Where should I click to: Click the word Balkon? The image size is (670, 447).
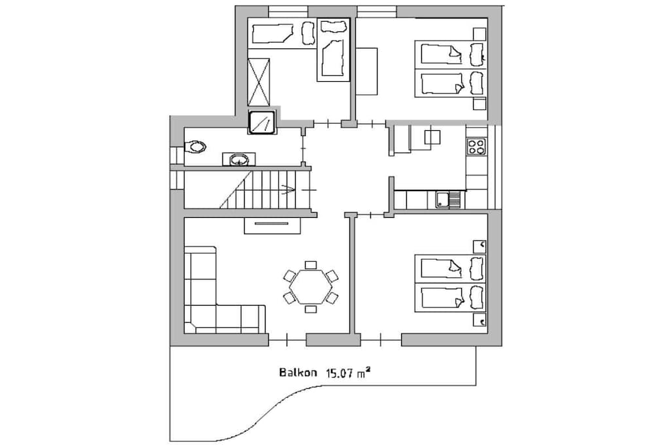[298, 372]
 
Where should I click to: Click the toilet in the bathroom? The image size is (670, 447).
[195, 147]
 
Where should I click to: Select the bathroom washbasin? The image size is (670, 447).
[239, 160]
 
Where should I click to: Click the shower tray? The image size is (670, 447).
[262, 122]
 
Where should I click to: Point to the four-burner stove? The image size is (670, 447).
[476, 146]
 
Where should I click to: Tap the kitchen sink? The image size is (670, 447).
[449, 200]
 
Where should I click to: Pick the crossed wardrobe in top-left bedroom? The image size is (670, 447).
[258, 82]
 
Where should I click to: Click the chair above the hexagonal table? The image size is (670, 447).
[311, 265]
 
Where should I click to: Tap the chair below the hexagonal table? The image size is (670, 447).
[311, 309]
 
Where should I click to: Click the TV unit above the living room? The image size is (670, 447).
[272, 225]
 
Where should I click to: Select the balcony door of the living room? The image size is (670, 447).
[287, 340]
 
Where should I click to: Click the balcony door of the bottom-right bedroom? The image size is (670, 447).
[381, 340]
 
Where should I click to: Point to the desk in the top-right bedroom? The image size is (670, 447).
[366, 71]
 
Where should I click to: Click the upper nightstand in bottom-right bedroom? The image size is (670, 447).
[480, 247]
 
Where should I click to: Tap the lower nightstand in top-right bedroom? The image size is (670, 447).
[480, 104]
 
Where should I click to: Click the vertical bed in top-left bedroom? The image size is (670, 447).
[333, 49]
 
